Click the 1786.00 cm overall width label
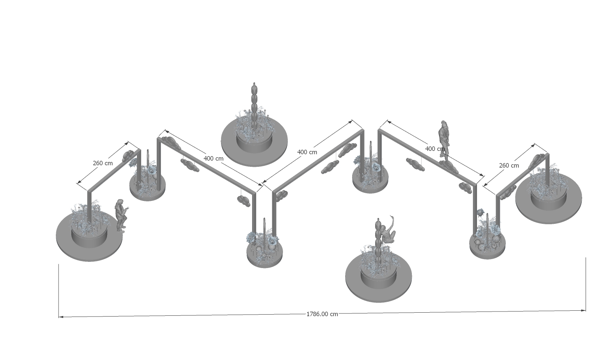click(322, 314)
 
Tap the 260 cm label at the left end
click(103, 163)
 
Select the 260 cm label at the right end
click(509, 166)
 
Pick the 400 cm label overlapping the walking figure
click(435, 149)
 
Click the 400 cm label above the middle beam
click(307, 152)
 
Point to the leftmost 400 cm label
click(213, 159)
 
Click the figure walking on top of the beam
click(444, 142)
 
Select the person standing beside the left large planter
click(121, 216)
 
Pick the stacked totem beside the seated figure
click(379, 241)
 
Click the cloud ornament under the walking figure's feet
click(448, 167)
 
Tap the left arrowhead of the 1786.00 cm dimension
click(60, 317)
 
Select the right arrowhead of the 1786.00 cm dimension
click(583, 311)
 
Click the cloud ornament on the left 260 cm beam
click(128, 156)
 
